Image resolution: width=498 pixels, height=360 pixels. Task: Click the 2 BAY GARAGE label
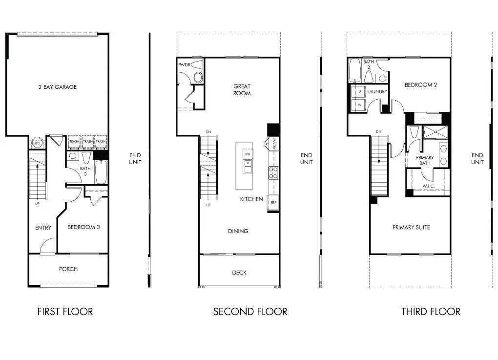(x=58, y=87)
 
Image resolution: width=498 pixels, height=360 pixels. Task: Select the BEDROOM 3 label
(x=83, y=227)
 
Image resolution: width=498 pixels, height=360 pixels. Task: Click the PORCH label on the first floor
(x=68, y=269)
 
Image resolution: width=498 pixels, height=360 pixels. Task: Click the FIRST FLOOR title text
(x=65, y=311)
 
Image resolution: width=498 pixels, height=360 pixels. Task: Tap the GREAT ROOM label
(x=242, y=90)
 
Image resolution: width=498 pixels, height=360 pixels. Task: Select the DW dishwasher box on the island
(x=248, y=154)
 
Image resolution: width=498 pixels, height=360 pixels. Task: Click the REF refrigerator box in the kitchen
(x=273, y=202)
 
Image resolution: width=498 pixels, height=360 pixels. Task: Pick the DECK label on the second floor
(x=239, y=273)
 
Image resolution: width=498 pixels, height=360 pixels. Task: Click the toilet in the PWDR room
(x=198, y=77)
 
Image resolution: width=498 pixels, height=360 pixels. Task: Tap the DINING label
(x=238, y=231)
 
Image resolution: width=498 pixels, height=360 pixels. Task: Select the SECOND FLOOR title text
(x=250, y=311)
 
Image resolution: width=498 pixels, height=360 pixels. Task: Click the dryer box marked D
(x=359, y=91)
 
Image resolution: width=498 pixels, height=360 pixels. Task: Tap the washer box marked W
(x=359, y=105)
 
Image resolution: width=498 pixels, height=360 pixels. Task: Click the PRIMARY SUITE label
(x=411, y=227)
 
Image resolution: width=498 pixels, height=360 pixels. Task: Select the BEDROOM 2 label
(x=420, y=85)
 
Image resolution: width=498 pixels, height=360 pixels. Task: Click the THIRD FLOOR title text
(x=431, y=311)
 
